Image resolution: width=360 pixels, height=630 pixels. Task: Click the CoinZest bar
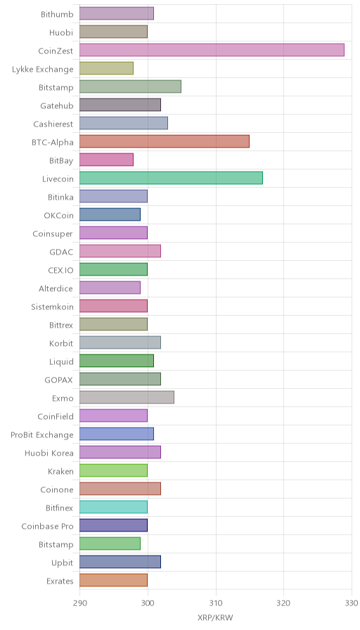(x=212, y=50)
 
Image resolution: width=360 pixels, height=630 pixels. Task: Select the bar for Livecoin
(x=171, y=178)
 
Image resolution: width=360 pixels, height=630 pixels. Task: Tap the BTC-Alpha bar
(x=165, y=141)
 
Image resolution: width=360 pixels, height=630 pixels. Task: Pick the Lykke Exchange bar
(x=106, y=68)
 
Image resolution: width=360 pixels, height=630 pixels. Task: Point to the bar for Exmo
(x=127, y=398)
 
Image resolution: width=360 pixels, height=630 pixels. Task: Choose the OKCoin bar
(x=110, y=214)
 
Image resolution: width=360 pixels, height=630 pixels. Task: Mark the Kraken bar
(x=114, y=471)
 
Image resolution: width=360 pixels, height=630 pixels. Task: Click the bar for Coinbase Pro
(x=114, y=525)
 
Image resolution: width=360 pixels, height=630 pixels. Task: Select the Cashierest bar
(x=124, y=123)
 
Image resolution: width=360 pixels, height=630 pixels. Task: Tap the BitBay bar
(x=106, y=160)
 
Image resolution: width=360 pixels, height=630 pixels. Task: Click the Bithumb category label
(x=57, y=15)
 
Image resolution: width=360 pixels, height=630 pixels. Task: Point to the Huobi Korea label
(x=49, y=454)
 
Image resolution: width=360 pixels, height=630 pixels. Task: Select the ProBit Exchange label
(x=42, y=435)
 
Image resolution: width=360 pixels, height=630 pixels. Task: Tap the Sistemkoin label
(x=52, y=307)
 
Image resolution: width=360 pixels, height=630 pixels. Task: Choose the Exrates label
(x=60, y=581)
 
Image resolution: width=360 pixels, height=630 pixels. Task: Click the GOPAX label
(x=58, y=380)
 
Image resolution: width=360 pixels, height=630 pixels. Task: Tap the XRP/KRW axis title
(x=215, y=617)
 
